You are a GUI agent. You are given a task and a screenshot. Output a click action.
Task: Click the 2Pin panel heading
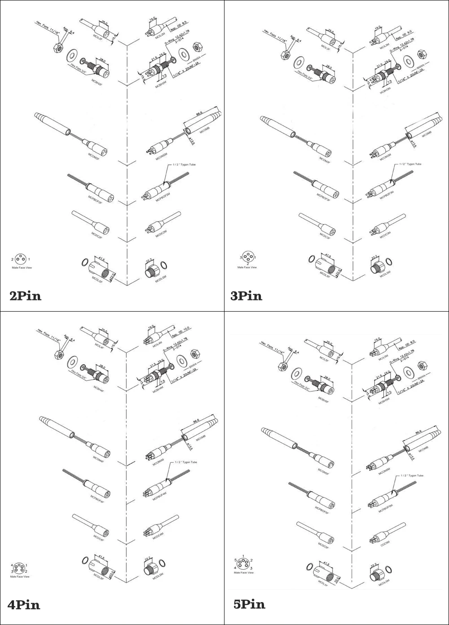coord(26,296)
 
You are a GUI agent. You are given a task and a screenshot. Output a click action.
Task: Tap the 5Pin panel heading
coord(249,604)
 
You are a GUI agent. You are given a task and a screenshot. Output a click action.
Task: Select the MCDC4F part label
coord(99,537)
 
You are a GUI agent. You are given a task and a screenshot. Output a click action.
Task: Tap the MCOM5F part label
coord(324,471)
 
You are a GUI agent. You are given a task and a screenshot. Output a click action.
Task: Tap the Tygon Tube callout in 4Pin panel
coord(185,462)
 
